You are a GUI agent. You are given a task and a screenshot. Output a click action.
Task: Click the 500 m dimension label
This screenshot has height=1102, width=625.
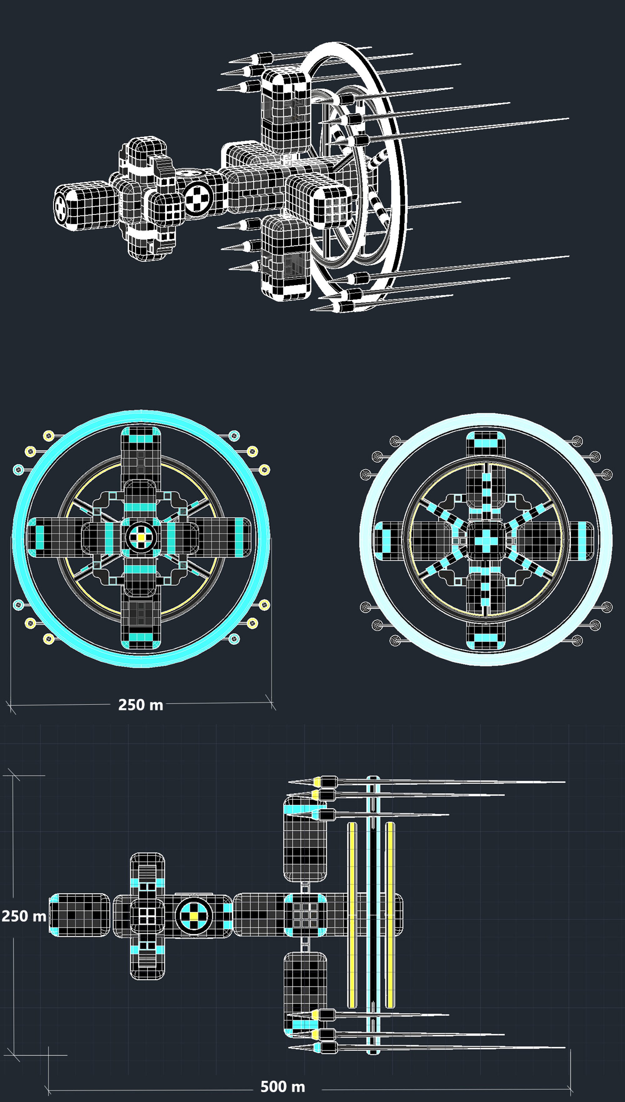click(282, 1087)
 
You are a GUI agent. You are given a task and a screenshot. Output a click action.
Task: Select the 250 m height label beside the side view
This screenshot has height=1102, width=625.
click(24, 916)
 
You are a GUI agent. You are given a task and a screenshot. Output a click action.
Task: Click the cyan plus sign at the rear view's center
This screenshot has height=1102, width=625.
click(486, 540)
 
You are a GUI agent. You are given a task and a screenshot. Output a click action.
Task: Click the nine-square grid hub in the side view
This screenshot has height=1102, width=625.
click(305, 916)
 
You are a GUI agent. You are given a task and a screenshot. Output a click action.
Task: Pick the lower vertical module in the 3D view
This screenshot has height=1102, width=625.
click(285, 257)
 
